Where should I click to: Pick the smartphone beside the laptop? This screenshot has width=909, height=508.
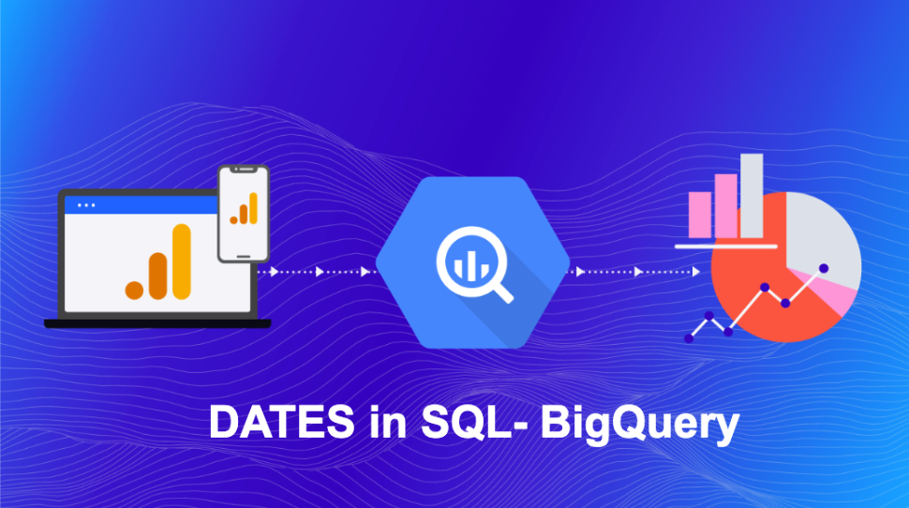243,214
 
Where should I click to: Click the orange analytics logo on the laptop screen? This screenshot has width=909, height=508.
159,263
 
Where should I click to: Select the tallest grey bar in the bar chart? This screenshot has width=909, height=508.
752,196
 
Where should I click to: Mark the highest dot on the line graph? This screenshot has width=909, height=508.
824,269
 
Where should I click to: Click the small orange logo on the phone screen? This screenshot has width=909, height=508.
244,212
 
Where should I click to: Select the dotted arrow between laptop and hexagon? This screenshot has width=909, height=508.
319,272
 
